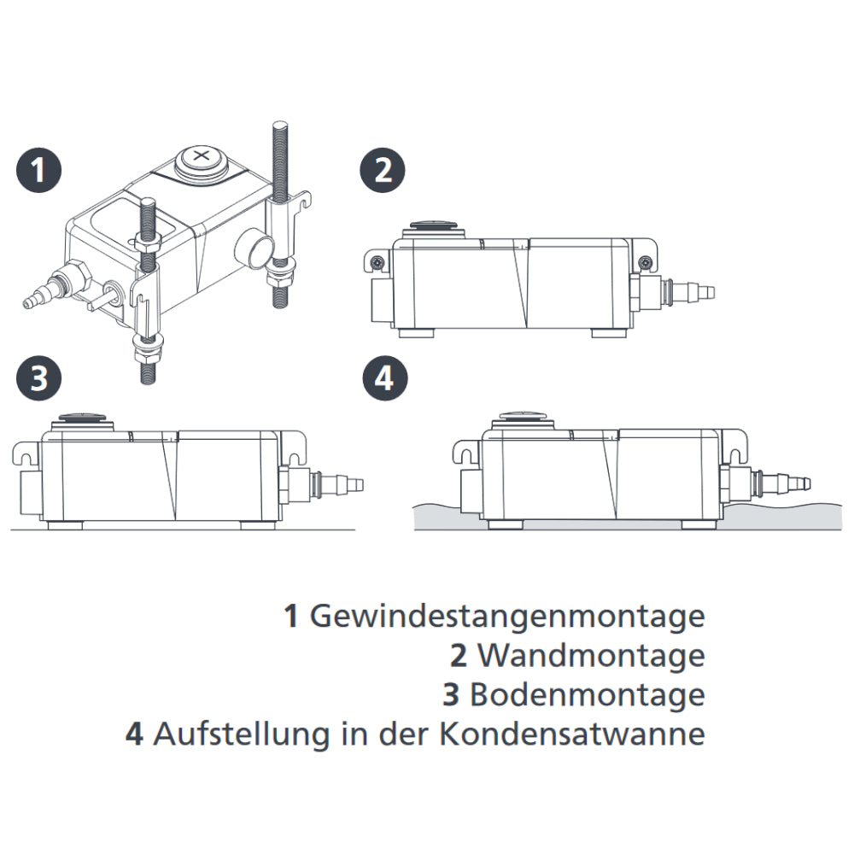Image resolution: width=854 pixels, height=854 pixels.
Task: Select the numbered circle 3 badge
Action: (39, 378)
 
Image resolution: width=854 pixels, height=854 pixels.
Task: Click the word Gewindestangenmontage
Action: (507, 617)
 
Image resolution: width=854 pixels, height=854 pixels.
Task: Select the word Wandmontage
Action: (591, 656)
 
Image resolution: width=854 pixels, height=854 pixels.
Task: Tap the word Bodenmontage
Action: (588, 695)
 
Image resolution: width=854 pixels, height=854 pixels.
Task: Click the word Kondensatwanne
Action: (572, 734)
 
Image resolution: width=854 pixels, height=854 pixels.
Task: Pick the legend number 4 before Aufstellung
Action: (134, 734)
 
